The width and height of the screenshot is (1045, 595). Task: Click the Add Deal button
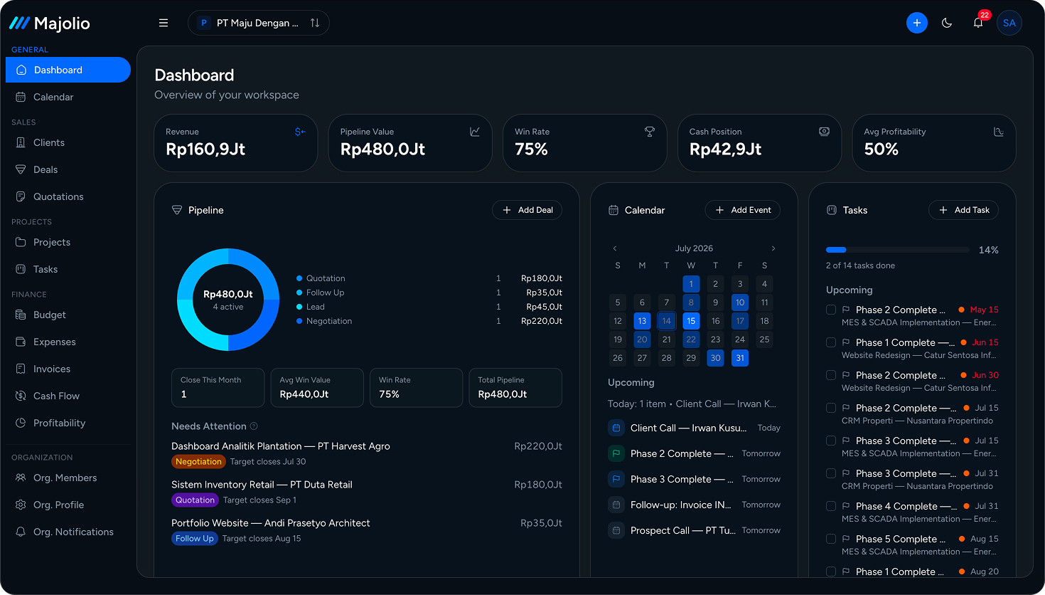click(x=527, y=210)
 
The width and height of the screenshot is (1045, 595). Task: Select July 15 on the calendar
click(x=691, y=321)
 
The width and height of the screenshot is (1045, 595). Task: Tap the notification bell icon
click(x=978, y=23)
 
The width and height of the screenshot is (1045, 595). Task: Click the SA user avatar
click(x=1009, y=23)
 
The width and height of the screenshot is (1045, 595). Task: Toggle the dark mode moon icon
click(x=947, y=23)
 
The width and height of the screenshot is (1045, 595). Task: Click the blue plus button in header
click(x=917, y=23)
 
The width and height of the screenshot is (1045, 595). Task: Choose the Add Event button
click(x=742, y=210)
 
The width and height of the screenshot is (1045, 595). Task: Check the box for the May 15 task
click(x=831, y=310)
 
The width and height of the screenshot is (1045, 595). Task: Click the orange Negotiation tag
click(x=198, y=461)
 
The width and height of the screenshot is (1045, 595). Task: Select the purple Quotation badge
click(x=195, y=500)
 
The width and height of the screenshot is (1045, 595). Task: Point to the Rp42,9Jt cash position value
click(x=725, y=149)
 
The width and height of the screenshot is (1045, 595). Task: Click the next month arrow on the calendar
click(x=773, y=248)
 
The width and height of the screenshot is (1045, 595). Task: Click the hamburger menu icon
click(x=164, y=23)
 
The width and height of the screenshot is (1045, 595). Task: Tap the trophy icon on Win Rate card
click(x=650, y=132)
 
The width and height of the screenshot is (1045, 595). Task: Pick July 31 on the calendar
click(x=740, y=358)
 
